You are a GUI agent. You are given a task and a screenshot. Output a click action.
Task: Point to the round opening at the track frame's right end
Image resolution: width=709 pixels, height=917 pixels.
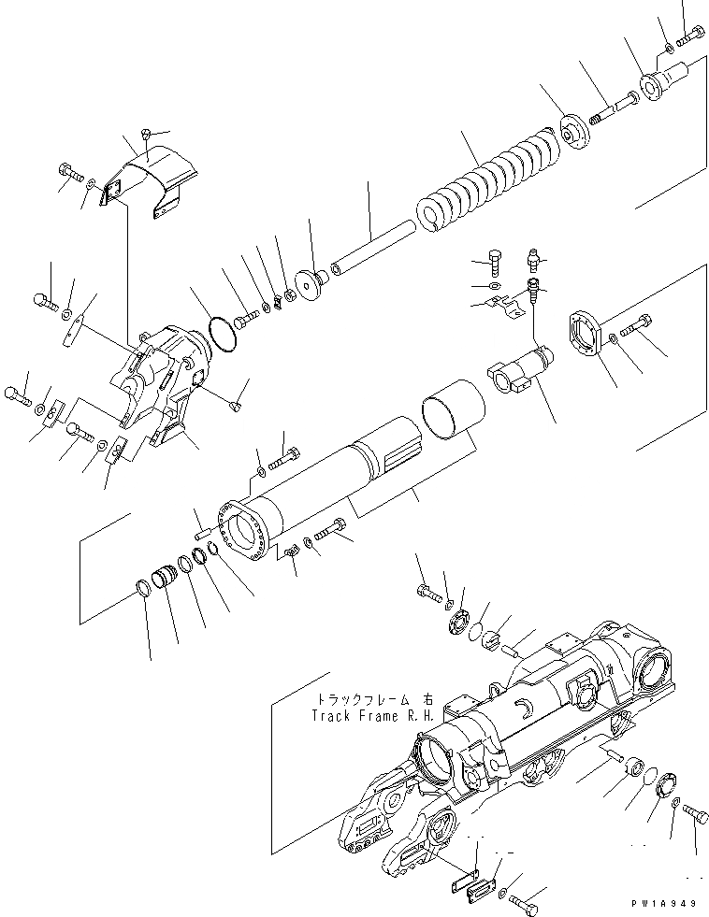[656, 673]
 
